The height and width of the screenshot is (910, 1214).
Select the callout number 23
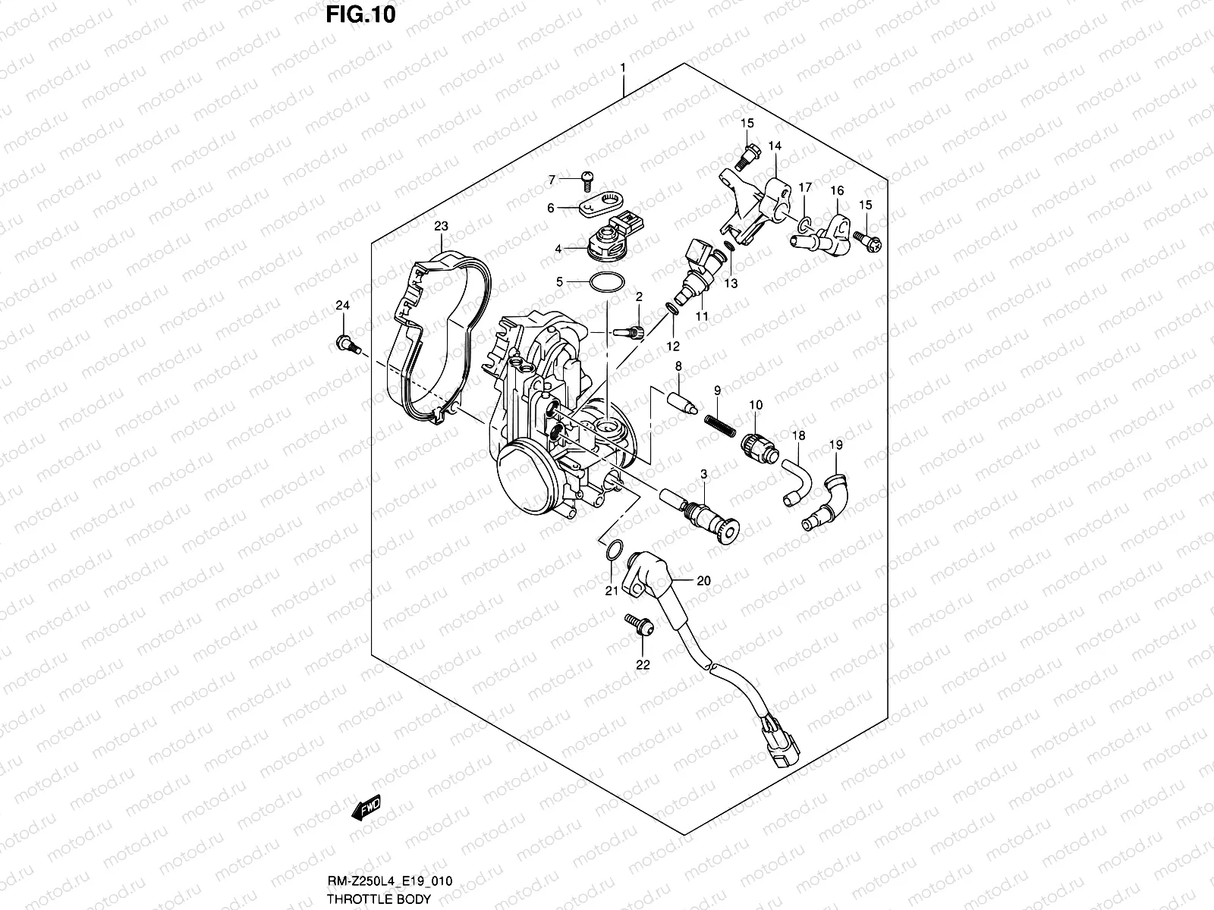click(x=441, y=226)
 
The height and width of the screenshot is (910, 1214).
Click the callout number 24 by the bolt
click(x=343, y=306)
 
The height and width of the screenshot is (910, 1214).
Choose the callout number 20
click(x=703, y=581)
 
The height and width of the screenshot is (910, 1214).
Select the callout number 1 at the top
click(x=623, y=67)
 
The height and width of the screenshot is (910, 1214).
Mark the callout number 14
click(x=774, y=145)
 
